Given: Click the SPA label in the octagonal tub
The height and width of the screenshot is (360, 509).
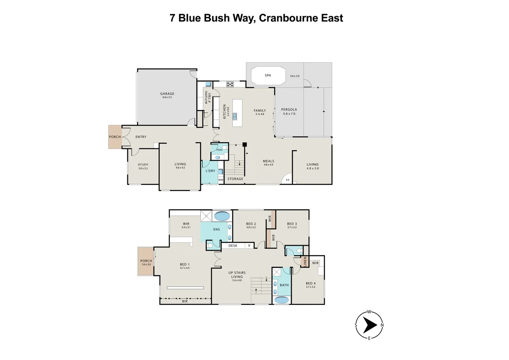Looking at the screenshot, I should pos(268,75).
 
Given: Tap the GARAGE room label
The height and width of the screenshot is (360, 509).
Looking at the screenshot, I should pos(167,94).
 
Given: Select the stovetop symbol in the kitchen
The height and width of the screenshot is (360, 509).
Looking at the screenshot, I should pos(230,84).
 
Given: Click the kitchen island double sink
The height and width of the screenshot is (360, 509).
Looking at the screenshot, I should pos(235,116).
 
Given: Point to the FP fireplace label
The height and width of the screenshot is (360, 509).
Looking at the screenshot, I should pos(287,180).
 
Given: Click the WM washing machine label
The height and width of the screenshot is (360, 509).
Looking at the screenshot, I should pos(220,180).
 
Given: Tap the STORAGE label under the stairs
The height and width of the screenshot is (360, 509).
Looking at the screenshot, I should pos(235,179).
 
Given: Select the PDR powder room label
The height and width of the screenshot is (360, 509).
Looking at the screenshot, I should pos(219,150).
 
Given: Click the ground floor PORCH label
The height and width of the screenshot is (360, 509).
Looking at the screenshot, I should pos(115,137).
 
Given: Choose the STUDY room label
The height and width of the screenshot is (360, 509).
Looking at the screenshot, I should pos(143,164).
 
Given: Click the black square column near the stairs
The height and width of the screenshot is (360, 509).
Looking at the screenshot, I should pos(244,144).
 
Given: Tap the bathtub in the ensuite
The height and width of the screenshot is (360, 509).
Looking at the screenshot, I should pos(222,216).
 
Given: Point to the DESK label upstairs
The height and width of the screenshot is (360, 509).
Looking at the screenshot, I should pos(233,246).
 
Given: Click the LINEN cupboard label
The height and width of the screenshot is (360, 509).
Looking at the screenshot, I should pos(305,261).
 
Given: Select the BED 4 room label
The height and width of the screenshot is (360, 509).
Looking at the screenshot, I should pos(310,283).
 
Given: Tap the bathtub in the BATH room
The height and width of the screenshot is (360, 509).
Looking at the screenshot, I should pos(282,300).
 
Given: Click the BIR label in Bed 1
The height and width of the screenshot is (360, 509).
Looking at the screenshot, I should pos(185,301).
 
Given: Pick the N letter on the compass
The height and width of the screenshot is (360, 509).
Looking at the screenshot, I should pos(382,325).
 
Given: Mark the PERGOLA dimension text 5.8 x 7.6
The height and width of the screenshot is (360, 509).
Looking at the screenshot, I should pos(289,114).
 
